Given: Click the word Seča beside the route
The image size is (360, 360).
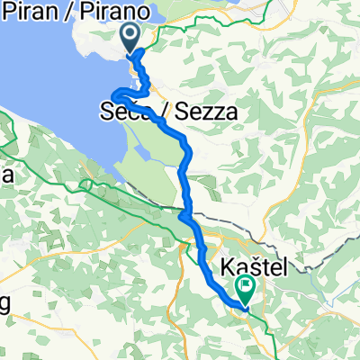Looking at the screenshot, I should [121, 113].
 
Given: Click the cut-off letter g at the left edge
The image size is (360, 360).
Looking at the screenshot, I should [4, 303].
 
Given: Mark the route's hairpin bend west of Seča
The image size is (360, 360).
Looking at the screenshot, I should [114, 94].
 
